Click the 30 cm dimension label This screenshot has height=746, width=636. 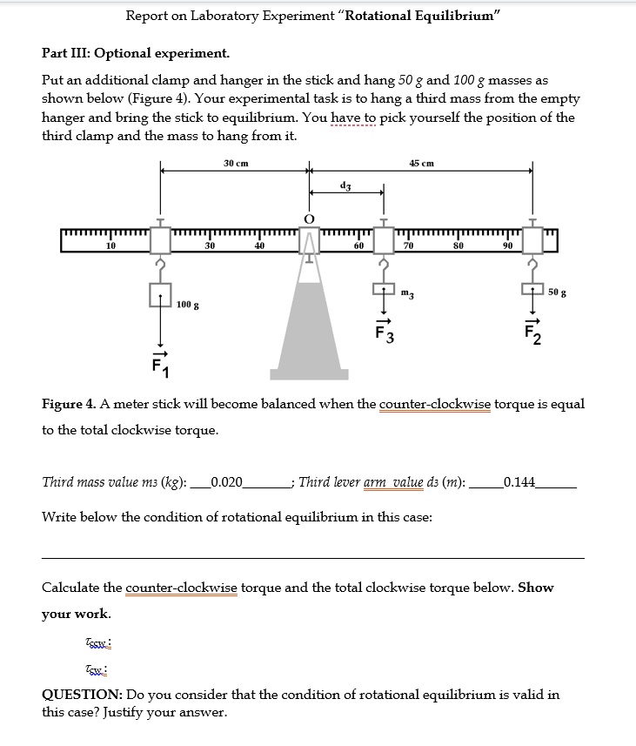click(236, 163)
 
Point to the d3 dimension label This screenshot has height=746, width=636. click(345, 185)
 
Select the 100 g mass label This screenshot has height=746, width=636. click(187, 305)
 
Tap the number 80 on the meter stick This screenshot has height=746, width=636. click(459, 247)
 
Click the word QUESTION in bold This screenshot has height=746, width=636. click(82, 694)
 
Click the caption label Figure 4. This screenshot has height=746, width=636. click(71, 404)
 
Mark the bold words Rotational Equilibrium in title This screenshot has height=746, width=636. click(419, 16)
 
